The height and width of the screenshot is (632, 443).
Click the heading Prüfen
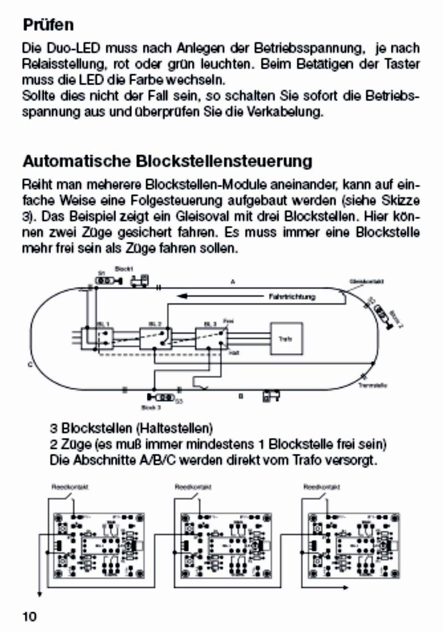(48, 25)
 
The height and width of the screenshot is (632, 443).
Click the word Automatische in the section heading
(76, 162)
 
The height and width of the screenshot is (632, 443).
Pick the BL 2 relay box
(154, 336)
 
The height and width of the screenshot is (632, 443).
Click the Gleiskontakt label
(363, 281)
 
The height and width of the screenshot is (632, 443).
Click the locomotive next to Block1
(140, 281)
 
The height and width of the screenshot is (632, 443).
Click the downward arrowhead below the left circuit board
(39, 594)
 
